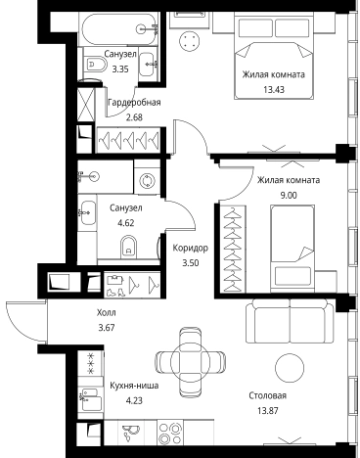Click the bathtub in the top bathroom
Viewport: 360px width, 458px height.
pyautogui.click(x=119, y=29)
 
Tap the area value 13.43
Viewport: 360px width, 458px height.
pyautogui.click(x=274, y=89)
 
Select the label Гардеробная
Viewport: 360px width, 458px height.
pyautogui.click(x=134, y=103)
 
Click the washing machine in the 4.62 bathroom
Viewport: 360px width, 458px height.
pyautogui.click(x=147, y=181)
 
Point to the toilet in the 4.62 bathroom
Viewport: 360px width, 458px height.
pyautogui.click(x=129, y=247)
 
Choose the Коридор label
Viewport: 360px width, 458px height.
pyautogui.click(x=191, y=248)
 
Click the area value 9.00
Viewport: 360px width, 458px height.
pyautogui.click(x=289, y=195)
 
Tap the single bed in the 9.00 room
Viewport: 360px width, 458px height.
pyautogui.click(x=292, y=249)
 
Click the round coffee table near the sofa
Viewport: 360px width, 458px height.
pyautogui.click(x=290, y=368)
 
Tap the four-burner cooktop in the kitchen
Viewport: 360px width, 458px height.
pyautogui.click(x=170, y=433)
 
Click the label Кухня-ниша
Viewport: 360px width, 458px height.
pyautogui.click(x=134, y=386)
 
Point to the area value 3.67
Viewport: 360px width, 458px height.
pyautogui.click(x=107, y=327)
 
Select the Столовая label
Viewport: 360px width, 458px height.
pyautogui.click(x=268, y=395)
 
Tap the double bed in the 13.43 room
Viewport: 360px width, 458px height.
pyautogui.click(x=274, y=58)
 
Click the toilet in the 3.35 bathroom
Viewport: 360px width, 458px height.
pyautogui.click(x=94, y=65)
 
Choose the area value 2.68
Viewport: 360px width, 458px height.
pyautogui.click(x=134, y=117)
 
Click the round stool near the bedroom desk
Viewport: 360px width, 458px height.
pyautogui.click(x=189, y=40)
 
